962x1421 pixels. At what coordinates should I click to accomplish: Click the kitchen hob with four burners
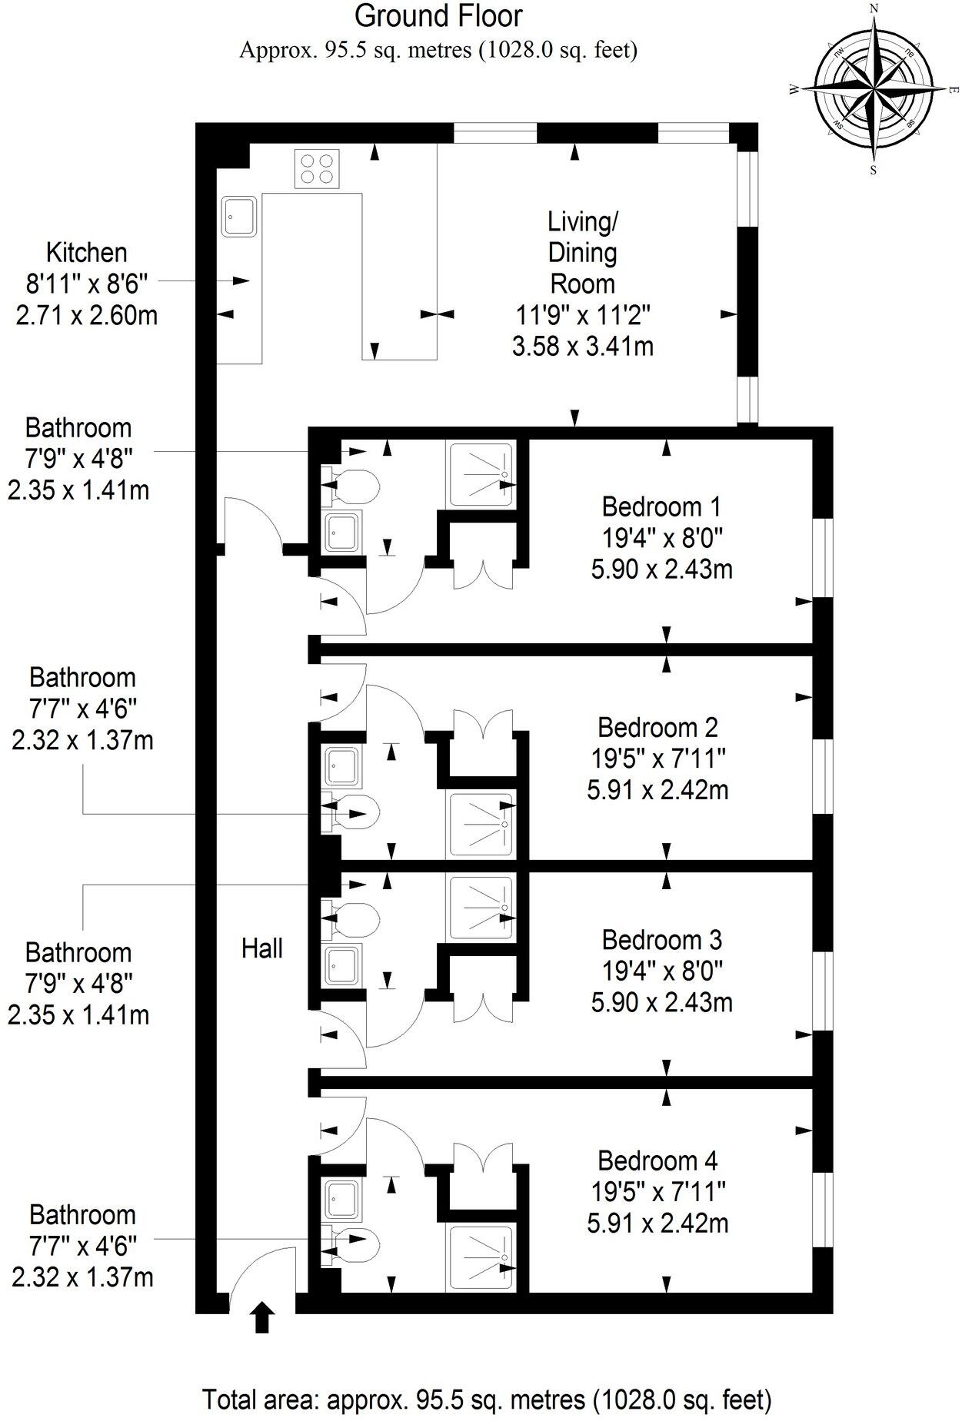[x=318, y=169]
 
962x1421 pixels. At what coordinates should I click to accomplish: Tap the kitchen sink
[x=241, y=217]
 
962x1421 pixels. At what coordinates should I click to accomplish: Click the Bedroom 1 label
[x=661, y=507]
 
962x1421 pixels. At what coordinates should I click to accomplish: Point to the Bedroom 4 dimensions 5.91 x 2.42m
[x=657, y=1223]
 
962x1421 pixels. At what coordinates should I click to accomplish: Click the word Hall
[x=262, y=948]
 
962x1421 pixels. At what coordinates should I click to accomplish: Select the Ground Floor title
[x=438, y=16]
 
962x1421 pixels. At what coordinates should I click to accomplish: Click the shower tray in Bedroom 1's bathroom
[x=481, y=474]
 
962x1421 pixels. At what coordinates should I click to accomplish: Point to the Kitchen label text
[x=87, y=252]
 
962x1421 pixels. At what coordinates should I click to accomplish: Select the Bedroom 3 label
[x=661, y=940]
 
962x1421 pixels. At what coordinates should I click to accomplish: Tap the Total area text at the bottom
[x=486, y=1399]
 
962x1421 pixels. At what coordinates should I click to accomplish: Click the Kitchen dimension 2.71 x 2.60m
[x=87, y=315]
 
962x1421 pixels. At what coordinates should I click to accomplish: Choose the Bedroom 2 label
[x=657, y=727]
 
